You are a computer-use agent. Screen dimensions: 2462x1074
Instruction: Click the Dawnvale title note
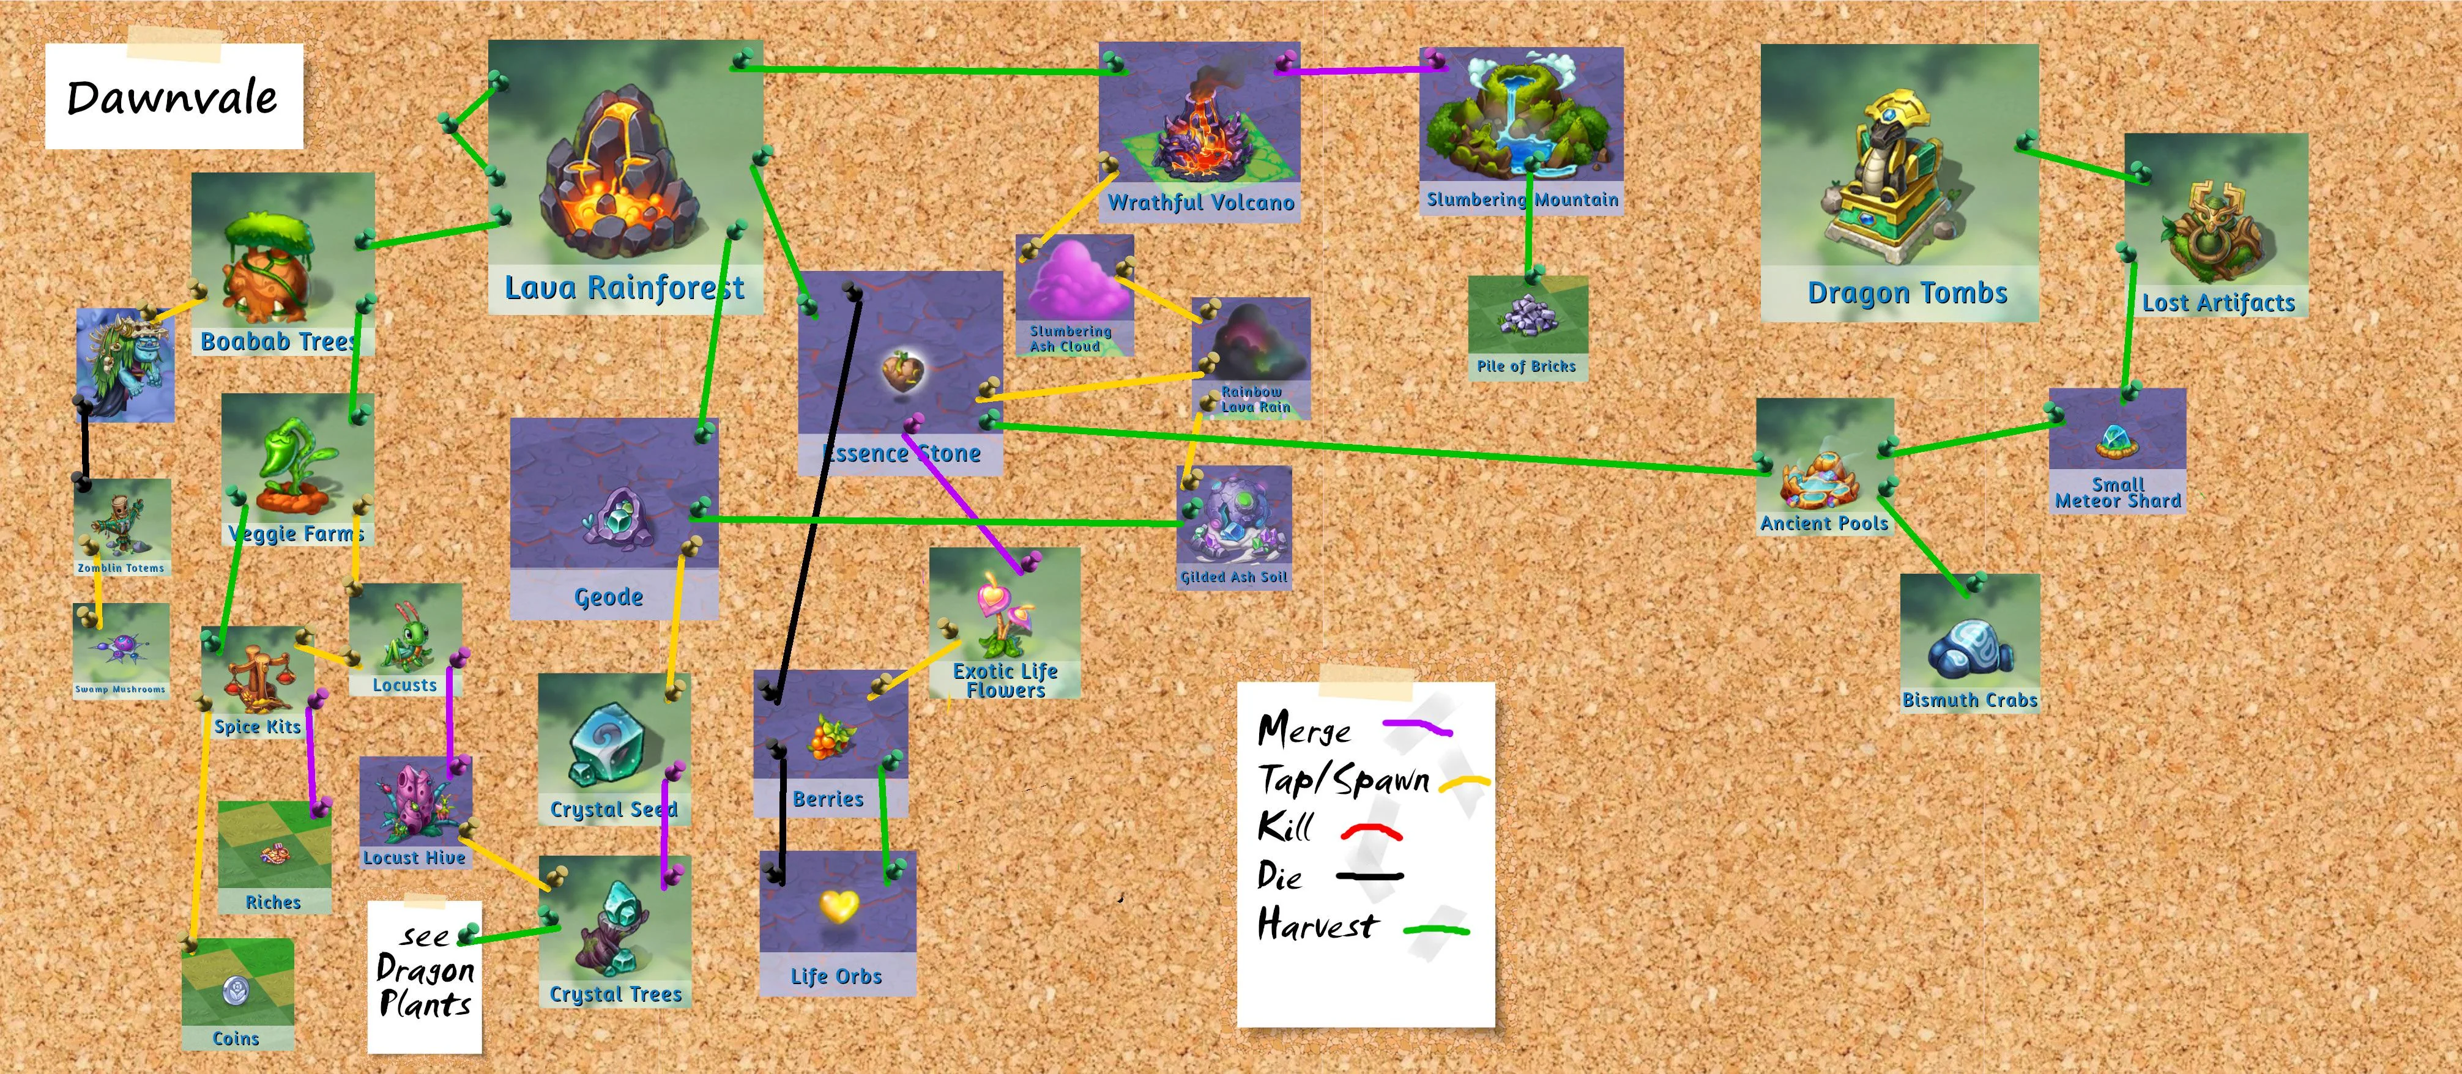[173, 97]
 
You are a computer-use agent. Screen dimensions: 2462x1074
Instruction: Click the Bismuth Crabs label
[1970, 700]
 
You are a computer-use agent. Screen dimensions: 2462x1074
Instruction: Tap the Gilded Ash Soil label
[1234, 577]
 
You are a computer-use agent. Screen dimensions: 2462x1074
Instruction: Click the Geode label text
[609, 597]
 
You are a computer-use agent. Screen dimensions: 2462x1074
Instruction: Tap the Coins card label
[236, 1039]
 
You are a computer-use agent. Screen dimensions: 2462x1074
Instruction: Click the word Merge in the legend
[1304, 730]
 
